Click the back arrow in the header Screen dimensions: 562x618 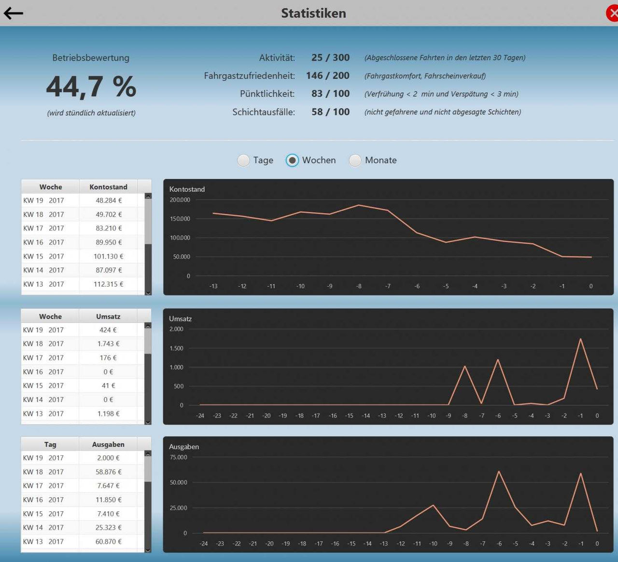tap(13, 14)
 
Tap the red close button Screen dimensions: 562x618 tap(612, 14)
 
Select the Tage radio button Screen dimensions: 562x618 tap(244, 160)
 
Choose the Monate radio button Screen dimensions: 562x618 tap(355, 160)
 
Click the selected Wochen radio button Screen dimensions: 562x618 tap(292, 160)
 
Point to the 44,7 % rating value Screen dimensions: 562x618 tap(91, 86)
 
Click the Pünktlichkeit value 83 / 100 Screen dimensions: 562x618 tap(330, 94)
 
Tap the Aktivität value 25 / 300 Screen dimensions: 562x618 tap(330, 58)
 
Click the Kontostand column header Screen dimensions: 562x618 tap(108, 187)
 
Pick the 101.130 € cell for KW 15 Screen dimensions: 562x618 tap(108, 256)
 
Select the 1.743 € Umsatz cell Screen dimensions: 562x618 tap(108, 344)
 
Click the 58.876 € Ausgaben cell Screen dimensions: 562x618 tap(108, 472)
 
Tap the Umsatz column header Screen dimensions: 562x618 tap(108, 317)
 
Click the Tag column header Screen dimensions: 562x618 tap(50, 445)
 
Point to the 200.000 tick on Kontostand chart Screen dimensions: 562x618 tap(180, 200)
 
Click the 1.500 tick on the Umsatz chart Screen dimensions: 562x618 tap(176, 348)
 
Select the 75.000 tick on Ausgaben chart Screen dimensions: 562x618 tap(178, 457)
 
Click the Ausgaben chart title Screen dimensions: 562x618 tap(184, 447)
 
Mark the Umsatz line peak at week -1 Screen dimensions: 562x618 tap(580, 339)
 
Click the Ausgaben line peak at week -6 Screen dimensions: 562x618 tap(499, 471)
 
